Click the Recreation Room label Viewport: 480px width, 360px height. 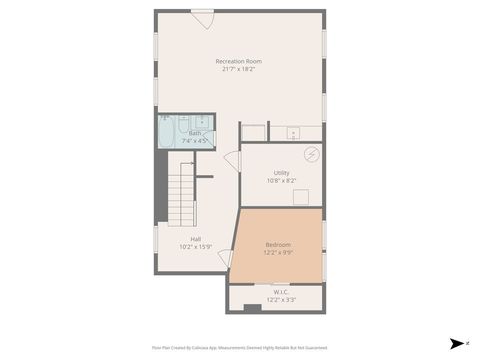click(238, 61)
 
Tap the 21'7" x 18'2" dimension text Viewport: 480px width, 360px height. click(238, 69)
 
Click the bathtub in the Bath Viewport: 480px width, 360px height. click(167, 132)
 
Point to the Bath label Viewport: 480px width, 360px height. click(195, 133)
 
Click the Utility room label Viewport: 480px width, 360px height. click(281, 173)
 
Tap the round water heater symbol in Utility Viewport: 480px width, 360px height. click(311, 154)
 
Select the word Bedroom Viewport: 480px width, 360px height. click(278, 245)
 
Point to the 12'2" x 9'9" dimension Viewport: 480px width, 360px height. click(278, 253)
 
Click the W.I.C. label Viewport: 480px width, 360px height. click(280, 292)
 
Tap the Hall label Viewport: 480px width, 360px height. click(196, 239)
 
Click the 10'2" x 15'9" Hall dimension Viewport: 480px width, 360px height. click(196, 247)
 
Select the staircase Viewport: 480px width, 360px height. click(181, 195)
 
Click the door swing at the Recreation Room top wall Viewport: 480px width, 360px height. click(203, 18)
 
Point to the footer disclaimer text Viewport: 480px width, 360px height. click(239, 348)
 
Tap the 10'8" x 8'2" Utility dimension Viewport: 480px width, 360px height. click(281, 181)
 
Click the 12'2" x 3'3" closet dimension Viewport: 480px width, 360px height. click(280, 299)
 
